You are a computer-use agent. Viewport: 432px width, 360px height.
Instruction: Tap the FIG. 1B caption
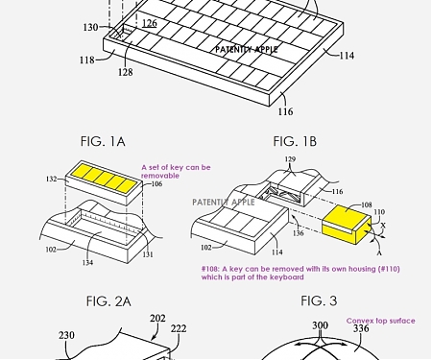tap(295, 141)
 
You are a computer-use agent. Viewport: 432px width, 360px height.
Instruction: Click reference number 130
tap(89, 28)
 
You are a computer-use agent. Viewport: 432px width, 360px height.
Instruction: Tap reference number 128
tap(125, 71)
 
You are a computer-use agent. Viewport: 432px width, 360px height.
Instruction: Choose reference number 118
tap(86, 60)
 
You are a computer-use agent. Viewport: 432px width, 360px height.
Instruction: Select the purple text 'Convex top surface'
tap(382, 321)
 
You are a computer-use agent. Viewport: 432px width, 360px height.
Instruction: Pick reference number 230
tap(66, 335)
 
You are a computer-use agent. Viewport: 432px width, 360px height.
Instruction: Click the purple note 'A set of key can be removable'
tap(176, 171)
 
